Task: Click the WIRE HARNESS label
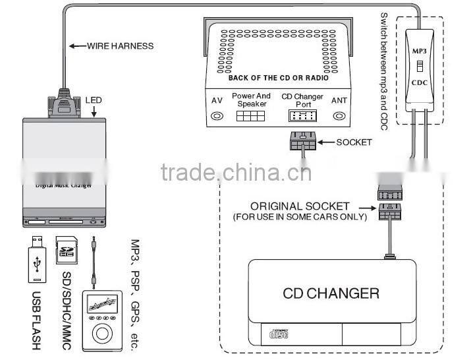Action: pos(121,46)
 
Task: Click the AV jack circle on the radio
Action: pos(216,117)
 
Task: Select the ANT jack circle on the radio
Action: pos(339,117)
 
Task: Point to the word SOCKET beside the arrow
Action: pos(354,142)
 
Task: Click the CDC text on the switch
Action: pos(420,84)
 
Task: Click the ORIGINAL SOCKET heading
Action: pos(300,206)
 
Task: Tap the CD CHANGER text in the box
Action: pos(331,293)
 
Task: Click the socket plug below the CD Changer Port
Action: pos(302,142)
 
